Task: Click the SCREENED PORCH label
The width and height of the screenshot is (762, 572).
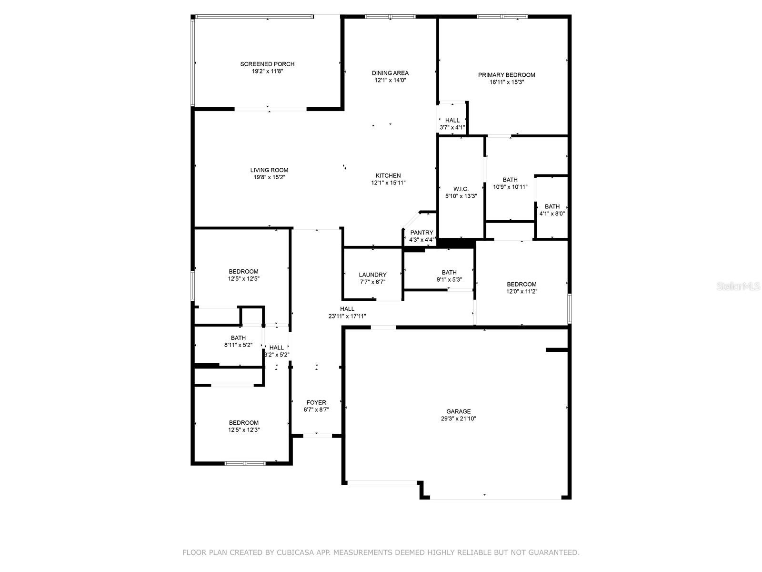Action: (x=267, y=64)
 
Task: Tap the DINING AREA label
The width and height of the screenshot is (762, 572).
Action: (x=390, y=73)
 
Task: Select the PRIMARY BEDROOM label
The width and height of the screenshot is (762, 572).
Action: (x=507, y=75)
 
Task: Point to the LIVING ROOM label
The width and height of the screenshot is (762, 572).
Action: (x=270, y=170)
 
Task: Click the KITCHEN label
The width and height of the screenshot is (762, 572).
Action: (x=388, y=175)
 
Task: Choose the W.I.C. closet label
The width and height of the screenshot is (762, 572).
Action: (x=461, y=189)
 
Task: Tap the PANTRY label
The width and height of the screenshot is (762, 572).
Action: (x=422, y=232)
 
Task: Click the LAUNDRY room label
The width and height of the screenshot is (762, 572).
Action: (x=373, y=275)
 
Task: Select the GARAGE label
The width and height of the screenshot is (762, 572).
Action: (x=459, y=411)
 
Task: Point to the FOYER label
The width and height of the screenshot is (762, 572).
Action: (x=316, y=402)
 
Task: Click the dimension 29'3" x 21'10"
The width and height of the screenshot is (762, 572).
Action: (x=459, y=419)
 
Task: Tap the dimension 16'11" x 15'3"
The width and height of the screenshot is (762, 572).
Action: (x=507, y=82)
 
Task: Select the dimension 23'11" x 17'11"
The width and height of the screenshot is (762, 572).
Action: (x=347, y=316)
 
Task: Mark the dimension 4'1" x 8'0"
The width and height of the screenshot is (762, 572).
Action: (x=552, y=214)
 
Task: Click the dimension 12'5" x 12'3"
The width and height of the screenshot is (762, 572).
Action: (x=244, y=429)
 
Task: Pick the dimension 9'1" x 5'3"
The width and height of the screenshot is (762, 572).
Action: (x=449, y=280)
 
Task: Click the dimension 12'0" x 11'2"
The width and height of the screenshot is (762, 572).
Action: (x=522, y=291)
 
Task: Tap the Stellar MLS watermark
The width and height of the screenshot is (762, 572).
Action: (x=738, y=286)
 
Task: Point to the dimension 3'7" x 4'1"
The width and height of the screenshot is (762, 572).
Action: (x=452, y=127)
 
